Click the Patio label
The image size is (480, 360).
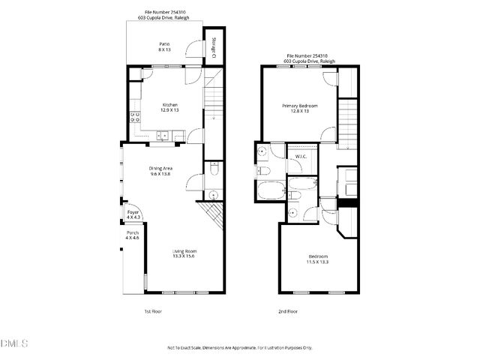pos(163,44)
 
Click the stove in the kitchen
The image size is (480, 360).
pos(135,116)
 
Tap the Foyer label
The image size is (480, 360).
pos(133,216)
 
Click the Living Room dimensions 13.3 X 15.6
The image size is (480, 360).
pos(184,256)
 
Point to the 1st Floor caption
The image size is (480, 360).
pos(153,310)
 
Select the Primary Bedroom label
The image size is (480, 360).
pos(299,106)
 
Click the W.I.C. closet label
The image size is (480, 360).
pos(301,156)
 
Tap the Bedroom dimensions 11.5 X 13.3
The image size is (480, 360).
pos(316,262)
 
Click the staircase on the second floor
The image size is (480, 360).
pos(348,121)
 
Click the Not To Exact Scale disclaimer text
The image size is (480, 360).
pos(239,348)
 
